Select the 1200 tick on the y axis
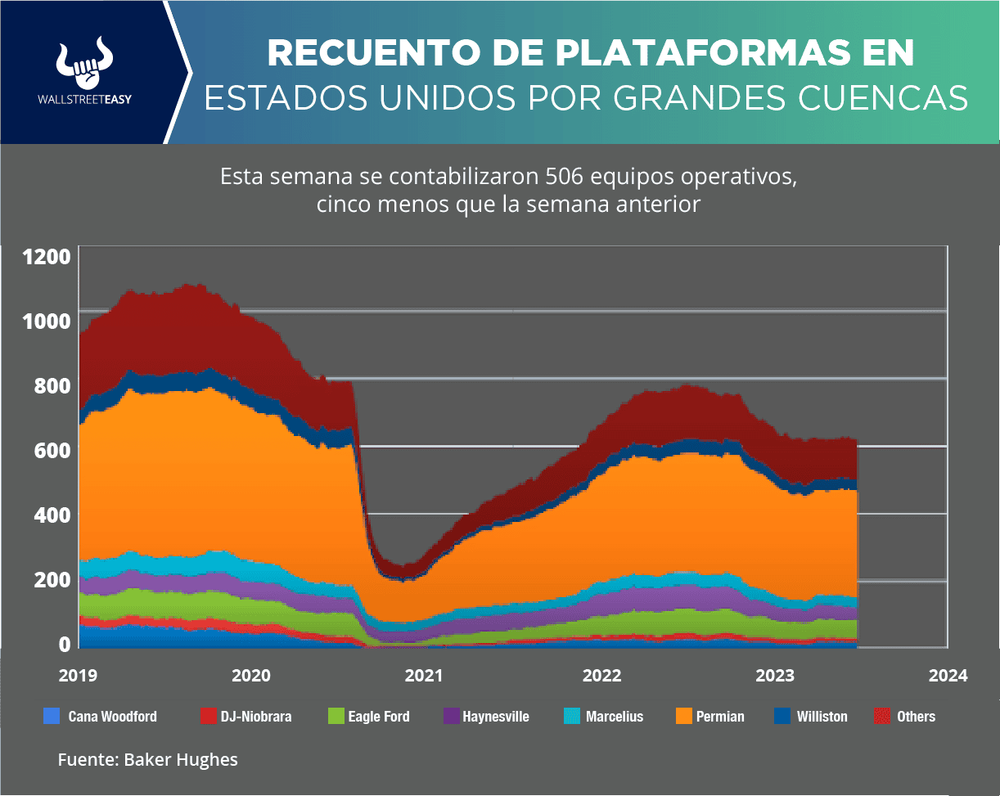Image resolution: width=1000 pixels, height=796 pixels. tap(47, 257)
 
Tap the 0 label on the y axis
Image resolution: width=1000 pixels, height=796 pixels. tap(64, 644)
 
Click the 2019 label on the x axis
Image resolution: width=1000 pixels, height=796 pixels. tap(79, 676)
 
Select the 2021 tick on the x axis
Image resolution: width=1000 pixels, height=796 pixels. tap(424, 676)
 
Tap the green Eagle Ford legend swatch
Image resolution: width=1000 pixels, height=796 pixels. tap(336, 717)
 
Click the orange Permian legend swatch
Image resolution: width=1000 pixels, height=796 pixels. tap(684, 717)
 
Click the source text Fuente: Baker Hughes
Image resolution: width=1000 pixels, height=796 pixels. tap(147, 760)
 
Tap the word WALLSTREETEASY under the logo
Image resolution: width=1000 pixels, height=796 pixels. tap(85, 98)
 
